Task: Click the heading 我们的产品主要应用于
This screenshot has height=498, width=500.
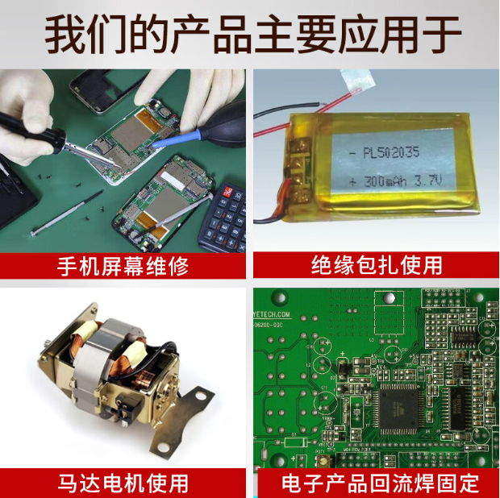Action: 250,35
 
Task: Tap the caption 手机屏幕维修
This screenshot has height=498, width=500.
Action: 123,265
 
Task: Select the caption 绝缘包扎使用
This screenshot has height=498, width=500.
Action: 377,265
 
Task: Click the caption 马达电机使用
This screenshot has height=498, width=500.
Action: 123,483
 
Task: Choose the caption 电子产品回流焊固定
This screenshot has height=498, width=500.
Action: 377,483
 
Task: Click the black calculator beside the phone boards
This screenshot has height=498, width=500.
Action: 229,218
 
